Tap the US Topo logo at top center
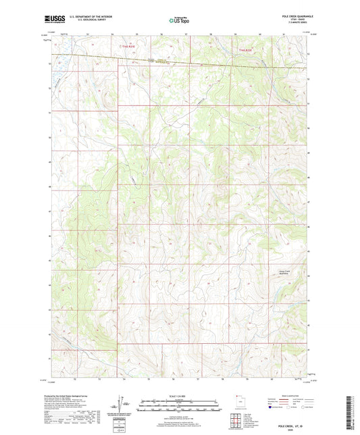coord(180,20)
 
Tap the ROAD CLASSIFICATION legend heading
coord(289,397)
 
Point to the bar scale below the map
coord(180,405)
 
